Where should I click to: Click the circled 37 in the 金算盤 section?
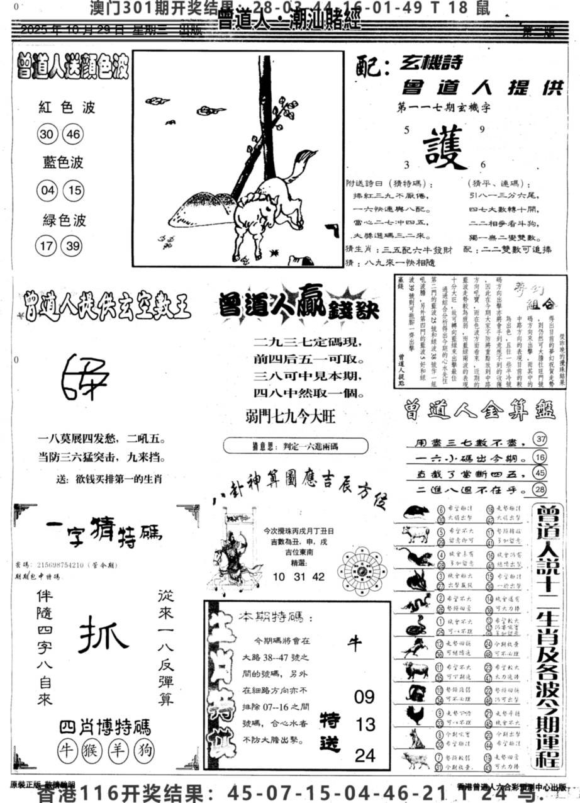point(538,439)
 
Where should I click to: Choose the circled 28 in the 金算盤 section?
point(538,489)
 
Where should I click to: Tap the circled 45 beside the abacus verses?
point(538,473)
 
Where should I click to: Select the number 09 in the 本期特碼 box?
point(364,697)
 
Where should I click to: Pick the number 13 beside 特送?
point(365,724)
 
